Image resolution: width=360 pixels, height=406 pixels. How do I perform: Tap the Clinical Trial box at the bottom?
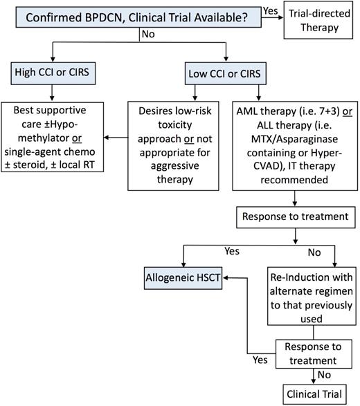point(314,393)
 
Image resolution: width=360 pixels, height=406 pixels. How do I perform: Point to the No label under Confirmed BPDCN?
point(148,33)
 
